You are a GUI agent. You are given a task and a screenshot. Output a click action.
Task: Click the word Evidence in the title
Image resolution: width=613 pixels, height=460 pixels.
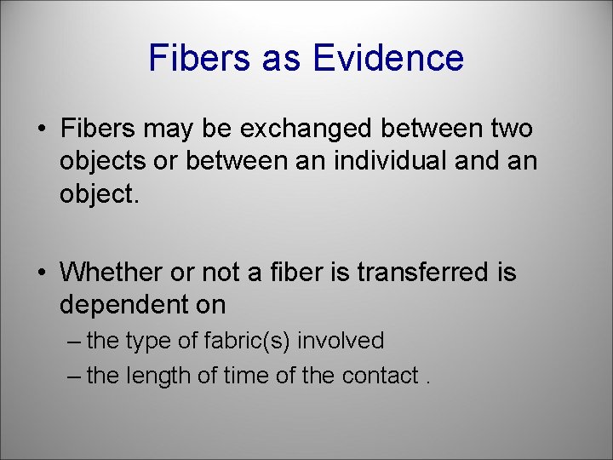389,58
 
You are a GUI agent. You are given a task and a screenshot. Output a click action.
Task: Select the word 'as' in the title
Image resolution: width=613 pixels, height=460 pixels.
281,58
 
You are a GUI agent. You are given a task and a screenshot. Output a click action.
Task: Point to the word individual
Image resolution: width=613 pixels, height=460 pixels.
404,162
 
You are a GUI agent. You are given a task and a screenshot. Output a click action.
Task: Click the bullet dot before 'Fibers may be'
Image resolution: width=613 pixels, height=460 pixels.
40,130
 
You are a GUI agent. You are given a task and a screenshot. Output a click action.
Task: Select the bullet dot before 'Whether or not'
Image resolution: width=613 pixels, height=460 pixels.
40,273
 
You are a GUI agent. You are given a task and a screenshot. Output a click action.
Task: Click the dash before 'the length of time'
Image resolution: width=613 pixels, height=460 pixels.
73,377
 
